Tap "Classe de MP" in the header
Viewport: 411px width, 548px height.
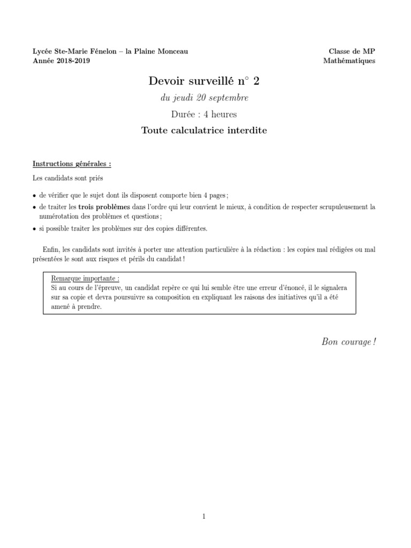coord(352,51)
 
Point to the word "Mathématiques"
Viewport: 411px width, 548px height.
coord(349,60)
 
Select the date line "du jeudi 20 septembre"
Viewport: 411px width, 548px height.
coord(205,98)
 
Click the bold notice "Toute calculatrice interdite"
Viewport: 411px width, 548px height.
coord(203,130)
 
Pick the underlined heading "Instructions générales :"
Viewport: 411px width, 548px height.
coord(72,163)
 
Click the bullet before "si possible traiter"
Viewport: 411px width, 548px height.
coord(35,229)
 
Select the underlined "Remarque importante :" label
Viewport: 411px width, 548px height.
coord(85,279)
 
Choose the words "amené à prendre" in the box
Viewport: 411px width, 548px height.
coord(75,307)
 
